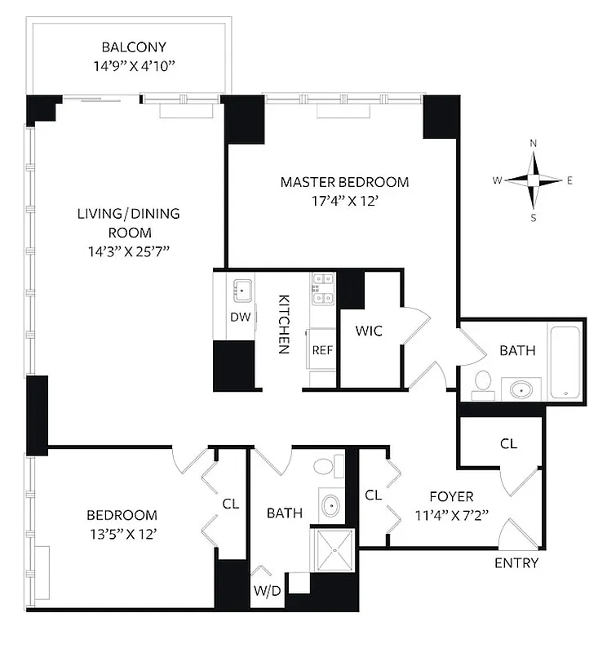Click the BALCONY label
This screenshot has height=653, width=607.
click(x=128, y=47)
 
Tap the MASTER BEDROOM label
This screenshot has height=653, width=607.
click(x=344, y=182)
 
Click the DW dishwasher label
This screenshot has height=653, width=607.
click(x=239, y=317)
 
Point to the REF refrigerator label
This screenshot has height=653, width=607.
click(x=322, y=350)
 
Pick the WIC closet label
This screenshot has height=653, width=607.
click(x=369, y=331)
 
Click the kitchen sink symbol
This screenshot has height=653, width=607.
click(x=241, y=288)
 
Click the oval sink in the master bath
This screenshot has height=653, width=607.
click(x=521, y=389)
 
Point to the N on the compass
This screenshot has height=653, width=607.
click(x=534, y=144)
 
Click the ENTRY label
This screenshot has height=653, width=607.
click(x=516, y=563)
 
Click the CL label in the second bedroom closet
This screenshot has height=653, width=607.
click(x=231, y=504)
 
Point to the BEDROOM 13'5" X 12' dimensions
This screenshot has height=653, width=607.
click(x=122, y=535)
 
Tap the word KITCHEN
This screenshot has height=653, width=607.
click(x=283, y=324)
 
